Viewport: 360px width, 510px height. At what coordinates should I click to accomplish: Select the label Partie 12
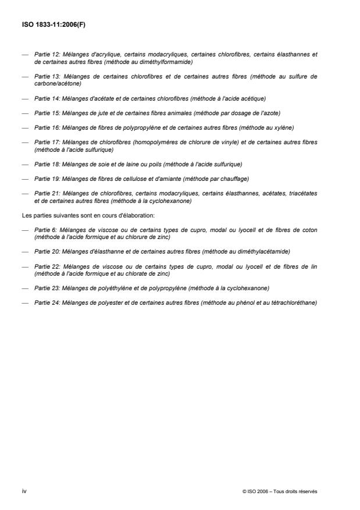click(x=45, y=55)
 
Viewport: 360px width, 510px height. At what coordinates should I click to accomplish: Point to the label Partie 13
click(x=45, y=76)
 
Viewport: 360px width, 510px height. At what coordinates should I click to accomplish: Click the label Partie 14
click(x=45, y=98)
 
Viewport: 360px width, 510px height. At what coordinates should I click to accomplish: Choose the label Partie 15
click(x=45, y=113)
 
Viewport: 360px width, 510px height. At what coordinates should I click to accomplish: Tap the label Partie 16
click(x=45, y=127)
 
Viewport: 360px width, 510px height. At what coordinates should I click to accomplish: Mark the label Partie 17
click(x=45, y=142)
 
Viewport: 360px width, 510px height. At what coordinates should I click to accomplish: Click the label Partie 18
click(x=45, y=164)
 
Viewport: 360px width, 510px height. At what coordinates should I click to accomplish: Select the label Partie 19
click(x=45, y=179)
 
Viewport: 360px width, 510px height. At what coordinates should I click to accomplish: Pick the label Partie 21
click(x=45, y=193)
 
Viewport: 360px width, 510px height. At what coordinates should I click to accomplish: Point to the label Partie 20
click(x=45, y=251)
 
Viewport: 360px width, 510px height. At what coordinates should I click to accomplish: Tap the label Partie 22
click(x=45, y=266)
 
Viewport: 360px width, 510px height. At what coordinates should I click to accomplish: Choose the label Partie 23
click(x=45, y=288)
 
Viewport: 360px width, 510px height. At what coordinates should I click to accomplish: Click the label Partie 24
click(x=45, y=302)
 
